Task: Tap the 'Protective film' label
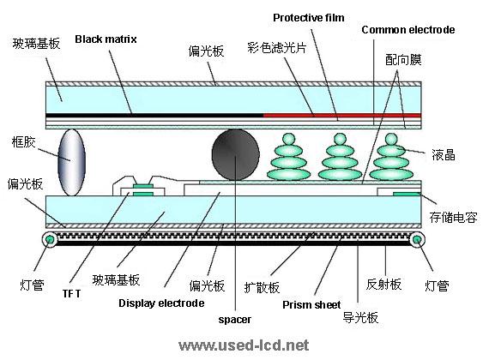308,17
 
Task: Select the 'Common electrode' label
407,30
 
